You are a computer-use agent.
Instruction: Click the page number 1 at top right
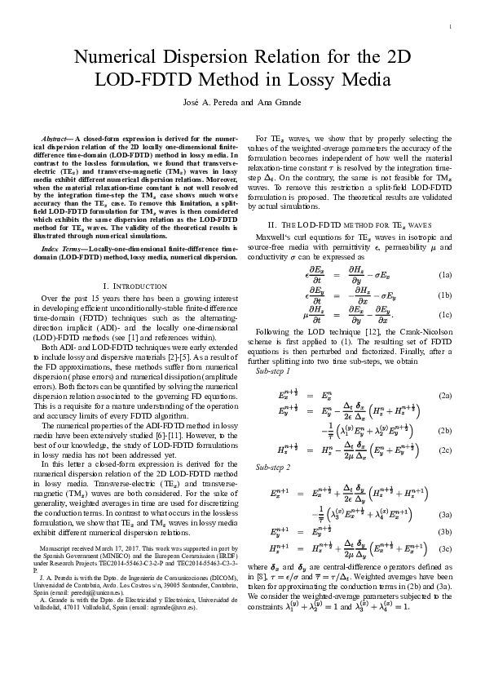pos(449,27)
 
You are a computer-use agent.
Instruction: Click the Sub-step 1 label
pos(274,370)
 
